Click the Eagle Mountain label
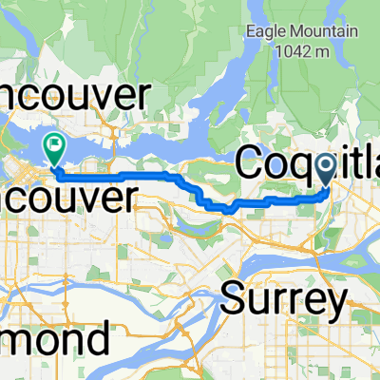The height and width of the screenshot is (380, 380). [x=302, y=32]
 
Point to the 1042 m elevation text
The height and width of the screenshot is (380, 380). [x=302, y=55]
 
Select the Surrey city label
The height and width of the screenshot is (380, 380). [x=283, y=299]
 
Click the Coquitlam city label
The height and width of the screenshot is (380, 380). [x=304, y=164]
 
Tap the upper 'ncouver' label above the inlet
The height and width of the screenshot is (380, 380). [x=76, y=96]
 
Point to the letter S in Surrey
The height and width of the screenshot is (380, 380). [x=234, y=299]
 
